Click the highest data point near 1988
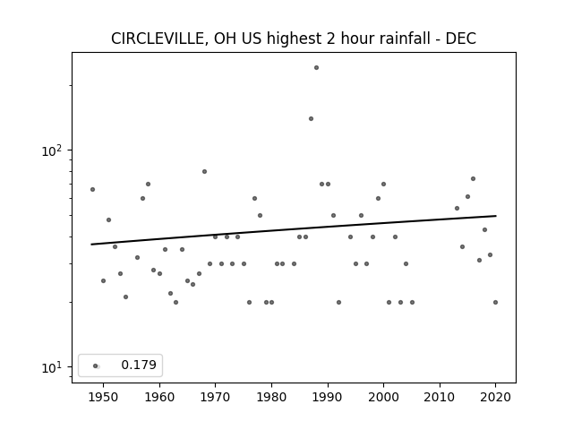(316, 68)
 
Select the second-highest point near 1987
(311, 118)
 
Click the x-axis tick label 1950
(104, 397)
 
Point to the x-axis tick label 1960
(159, 397)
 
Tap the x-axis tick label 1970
(215, 397)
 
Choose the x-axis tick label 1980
(271, 397)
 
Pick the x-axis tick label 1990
(328, 397)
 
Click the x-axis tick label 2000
(384, 397)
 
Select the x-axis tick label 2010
(440, 397)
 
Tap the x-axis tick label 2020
(495, 397)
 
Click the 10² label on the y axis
(52, 150)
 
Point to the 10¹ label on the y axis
(52, 367)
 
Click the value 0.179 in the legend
(139, 365)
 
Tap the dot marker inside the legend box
(96, 365)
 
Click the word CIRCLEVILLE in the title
(159, 39)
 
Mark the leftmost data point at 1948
(92, 189)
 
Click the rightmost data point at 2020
(495, 303)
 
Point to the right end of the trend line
(496, 216)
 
